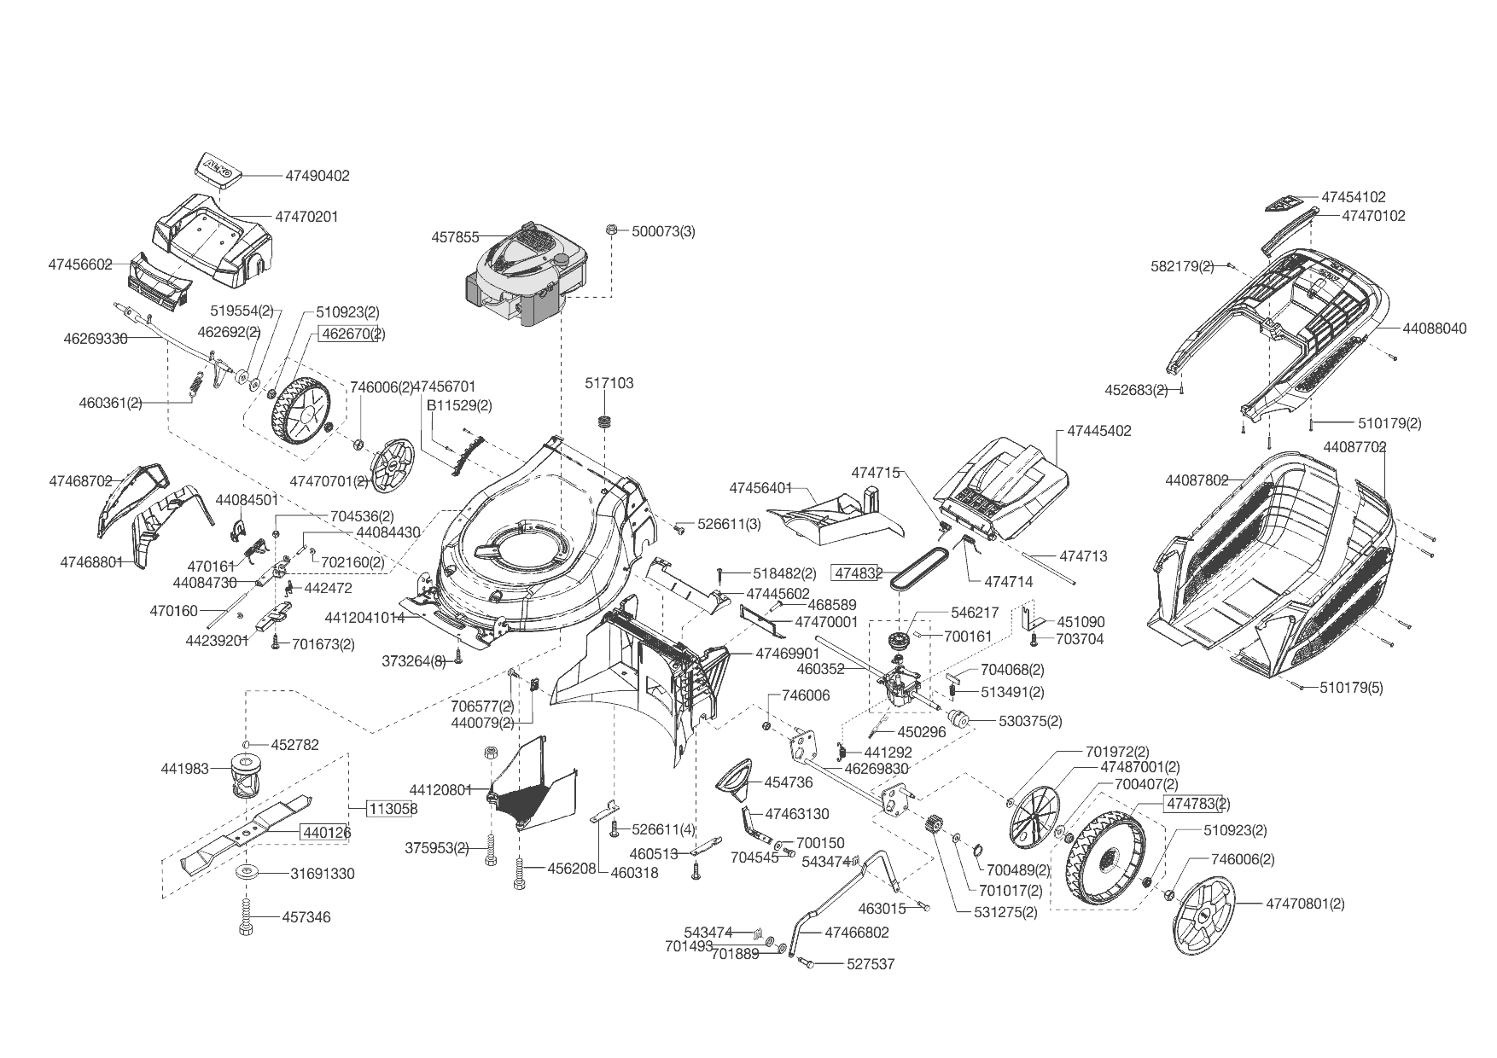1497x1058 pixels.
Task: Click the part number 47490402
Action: coord(317,176)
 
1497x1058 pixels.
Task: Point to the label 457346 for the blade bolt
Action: coord(306,917)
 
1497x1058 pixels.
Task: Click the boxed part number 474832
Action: coord(857,573)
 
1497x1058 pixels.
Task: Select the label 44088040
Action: coord(1435,328)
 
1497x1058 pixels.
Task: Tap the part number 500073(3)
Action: coord(663,231)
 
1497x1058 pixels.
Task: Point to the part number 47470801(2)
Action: coord(1305,904)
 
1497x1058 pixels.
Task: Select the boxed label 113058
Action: coord(393,808)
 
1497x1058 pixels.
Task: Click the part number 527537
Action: coord(871,964)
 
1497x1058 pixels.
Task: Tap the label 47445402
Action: coord(1099,431)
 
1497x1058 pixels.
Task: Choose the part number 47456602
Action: coord(80,264)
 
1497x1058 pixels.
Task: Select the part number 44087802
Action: coord(1197,480)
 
